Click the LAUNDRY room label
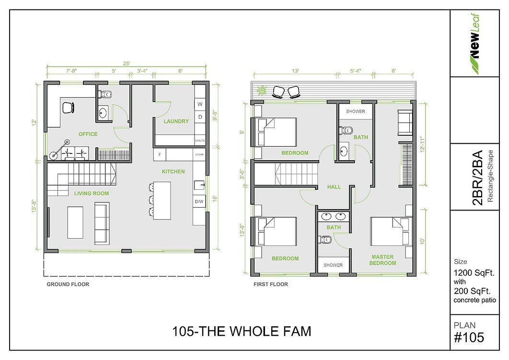tap(176, 121)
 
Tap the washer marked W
tap(200, 104)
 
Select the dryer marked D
tap(200, 116)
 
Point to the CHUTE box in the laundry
tap(200, 140)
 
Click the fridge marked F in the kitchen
tap(160, 154)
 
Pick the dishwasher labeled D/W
tap(199, 202)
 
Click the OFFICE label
tap(88, 134)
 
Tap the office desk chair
tap(68, 107)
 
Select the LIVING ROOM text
tap(92, 194)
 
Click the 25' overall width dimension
tap(127, 63)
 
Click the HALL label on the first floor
tap(334, 187)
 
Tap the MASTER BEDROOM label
tap(382, 260)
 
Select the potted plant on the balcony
tap(261, 90)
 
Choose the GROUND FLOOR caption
tap(68, 284)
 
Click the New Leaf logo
tap(474, 44)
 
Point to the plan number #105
tap(469, 337)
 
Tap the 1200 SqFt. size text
tap(474, 273)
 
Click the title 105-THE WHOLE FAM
tap(241, 331)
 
